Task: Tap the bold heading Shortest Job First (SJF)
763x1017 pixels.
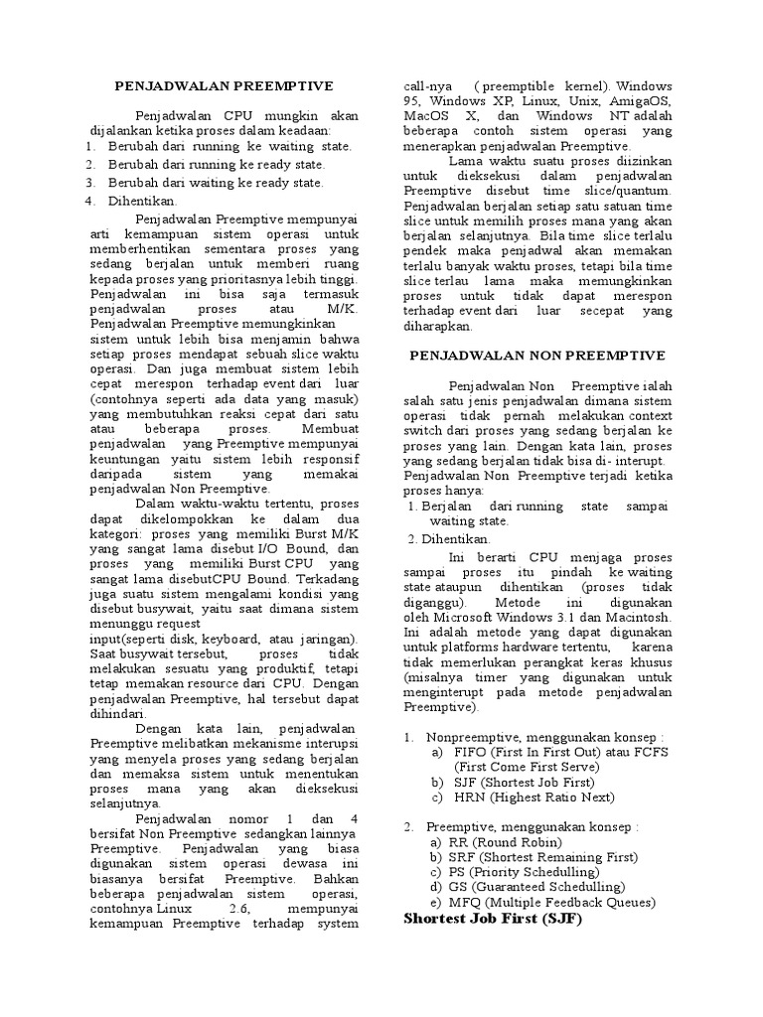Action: point(493,919)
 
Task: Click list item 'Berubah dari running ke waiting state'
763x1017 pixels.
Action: point(230,146)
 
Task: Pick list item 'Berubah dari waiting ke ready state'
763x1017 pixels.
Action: point(216,183)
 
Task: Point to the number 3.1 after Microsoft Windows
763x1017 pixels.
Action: point(551,617)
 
